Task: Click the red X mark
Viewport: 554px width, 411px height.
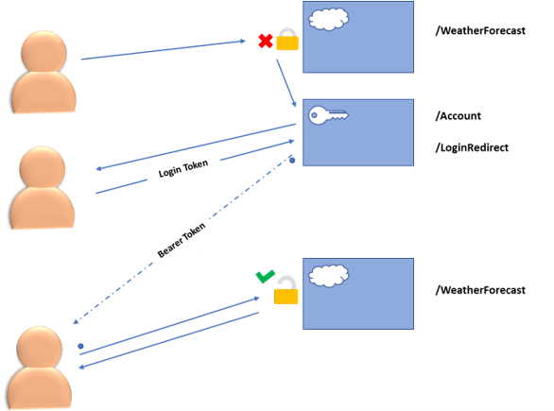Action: pos(266,41)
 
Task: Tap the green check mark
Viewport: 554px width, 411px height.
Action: pos(266,277)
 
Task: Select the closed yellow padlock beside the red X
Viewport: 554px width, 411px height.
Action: pos(287,39)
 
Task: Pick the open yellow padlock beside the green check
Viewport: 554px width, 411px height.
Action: pos(286,290)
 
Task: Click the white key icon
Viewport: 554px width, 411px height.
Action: pos(328,115)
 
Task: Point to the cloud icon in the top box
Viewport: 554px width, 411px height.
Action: pos(329,19)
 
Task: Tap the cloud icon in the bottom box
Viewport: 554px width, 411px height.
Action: pos(329,276)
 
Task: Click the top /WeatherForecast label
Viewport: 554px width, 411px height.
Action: pos(480,31)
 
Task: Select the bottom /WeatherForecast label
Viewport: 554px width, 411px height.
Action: pos(480,290)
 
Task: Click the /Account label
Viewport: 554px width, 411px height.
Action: pos(459,116)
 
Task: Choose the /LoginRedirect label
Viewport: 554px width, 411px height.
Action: pos(472,147)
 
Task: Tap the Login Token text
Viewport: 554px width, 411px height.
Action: pos(183,168)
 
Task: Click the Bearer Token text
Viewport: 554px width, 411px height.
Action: pos(182,240)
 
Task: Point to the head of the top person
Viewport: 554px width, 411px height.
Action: pos(43,52)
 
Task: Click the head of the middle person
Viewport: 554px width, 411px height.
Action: pos(43,167)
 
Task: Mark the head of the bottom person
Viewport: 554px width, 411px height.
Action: pos(39,348)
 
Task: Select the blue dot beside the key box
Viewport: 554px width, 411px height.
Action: pos(292,161)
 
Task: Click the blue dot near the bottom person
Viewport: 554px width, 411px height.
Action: pos(80,346)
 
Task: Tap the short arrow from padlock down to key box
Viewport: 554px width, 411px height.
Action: pos(286,83)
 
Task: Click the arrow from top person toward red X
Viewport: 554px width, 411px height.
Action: pos(164,50)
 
